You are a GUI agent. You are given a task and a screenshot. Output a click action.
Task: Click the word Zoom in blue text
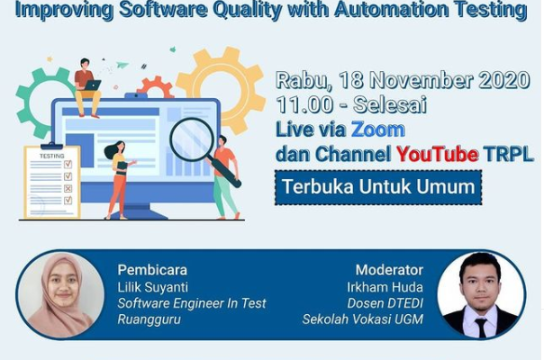378,130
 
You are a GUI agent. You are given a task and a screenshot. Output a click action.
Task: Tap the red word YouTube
438,154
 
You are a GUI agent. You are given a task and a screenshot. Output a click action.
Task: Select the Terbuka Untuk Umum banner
378,187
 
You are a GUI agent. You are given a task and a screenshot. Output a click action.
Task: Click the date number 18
351,80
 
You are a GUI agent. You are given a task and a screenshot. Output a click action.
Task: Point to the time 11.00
305,104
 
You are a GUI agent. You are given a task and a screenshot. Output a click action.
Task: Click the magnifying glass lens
192,139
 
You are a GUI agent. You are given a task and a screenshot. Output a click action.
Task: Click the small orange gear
156,87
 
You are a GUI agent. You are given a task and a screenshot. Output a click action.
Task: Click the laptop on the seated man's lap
92,85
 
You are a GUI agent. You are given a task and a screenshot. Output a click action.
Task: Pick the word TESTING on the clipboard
52,156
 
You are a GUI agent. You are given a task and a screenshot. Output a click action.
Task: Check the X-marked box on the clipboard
68,188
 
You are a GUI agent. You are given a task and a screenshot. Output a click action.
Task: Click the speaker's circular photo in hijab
61,295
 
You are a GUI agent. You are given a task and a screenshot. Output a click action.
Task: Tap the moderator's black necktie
481,328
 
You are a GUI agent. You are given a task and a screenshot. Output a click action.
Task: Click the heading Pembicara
152,270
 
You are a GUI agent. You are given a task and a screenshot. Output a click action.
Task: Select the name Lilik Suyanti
152,287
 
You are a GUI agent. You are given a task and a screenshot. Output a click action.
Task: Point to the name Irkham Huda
385,287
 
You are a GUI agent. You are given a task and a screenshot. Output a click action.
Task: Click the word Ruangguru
150,319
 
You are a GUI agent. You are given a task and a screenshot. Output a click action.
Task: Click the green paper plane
122,65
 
